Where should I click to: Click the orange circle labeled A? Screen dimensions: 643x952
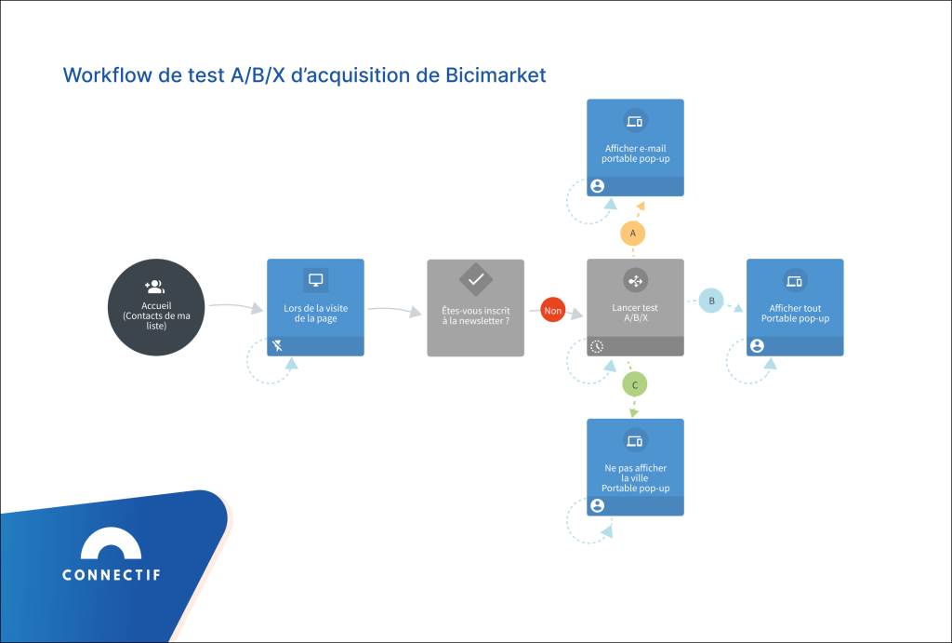tap(633, 233)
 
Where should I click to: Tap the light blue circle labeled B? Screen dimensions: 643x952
tap(711, 301)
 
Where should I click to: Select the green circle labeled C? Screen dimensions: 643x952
tap(634, 384)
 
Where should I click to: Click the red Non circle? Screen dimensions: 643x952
tap(553, 312)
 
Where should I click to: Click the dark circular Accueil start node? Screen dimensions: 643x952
tap(155, 308)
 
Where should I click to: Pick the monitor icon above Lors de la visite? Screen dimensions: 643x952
tap(315, 280)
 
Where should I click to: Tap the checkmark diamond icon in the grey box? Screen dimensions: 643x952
tap(475, 279)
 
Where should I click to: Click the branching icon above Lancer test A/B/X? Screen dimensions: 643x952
tap(635, 280)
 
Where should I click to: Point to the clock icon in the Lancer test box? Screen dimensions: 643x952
tap(597, 346)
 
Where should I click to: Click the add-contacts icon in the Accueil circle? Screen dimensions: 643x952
tap(154, 287)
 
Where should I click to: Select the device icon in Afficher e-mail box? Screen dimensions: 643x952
tap(635, 121)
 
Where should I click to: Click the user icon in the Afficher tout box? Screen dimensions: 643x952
tap(757, 346)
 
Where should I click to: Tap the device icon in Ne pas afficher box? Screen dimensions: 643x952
tap(635, 440)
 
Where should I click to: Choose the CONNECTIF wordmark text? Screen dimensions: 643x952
tap(111, 575)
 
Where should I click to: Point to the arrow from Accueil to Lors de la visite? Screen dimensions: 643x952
tap(235, 306)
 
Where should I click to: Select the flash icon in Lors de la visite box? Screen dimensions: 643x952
tap(277, 346)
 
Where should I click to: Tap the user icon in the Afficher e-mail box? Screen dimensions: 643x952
tap(597, 186)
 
